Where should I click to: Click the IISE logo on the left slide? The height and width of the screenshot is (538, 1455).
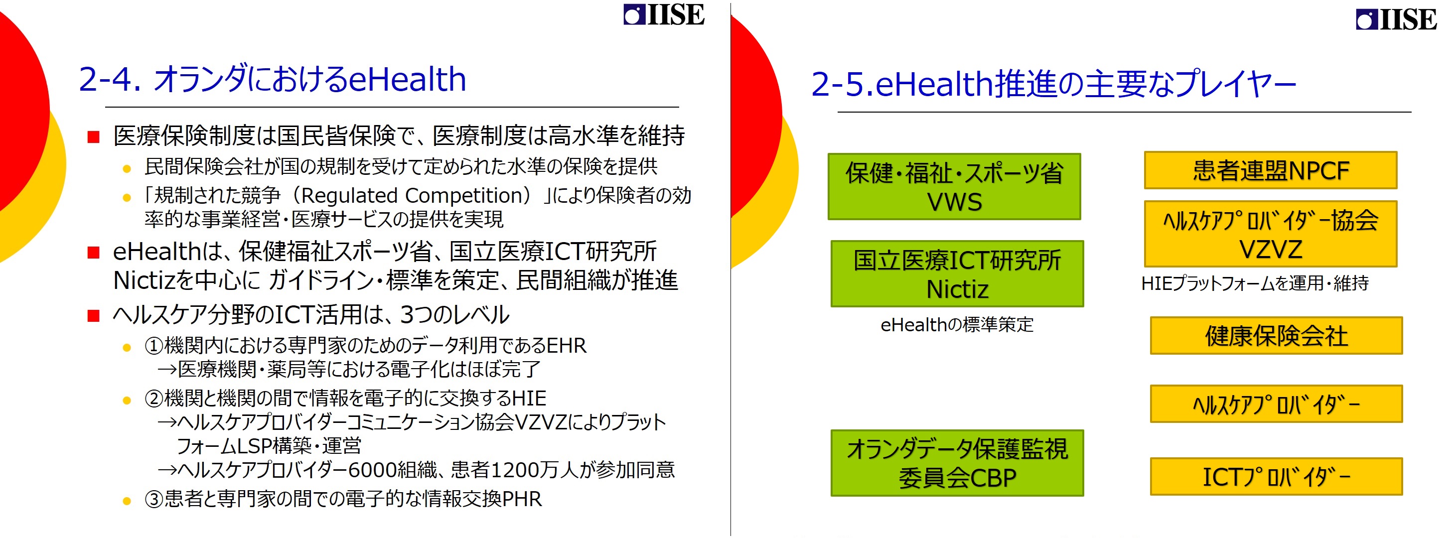[664, 14]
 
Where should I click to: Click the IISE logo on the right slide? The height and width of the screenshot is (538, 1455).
[1396, 20]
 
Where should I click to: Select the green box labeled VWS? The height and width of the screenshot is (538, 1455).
[954, 186]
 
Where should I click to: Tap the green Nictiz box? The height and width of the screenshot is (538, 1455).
[957, 274]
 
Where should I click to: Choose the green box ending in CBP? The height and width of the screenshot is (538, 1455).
[957, 463]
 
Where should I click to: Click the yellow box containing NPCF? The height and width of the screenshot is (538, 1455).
[1270, 170]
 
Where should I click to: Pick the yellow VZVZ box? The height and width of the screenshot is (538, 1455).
[1270, 234]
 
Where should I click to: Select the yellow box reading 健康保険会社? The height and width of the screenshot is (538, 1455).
[1276, 335]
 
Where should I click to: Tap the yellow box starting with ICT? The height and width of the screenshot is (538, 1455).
[1276, 476]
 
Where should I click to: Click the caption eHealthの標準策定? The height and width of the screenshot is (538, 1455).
[957, 325]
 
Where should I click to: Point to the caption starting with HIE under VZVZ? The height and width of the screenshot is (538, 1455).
[1255, 283]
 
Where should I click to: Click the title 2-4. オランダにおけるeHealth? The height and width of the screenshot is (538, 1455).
[272, 79]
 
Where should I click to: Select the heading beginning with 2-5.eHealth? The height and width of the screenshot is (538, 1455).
[1053, 84]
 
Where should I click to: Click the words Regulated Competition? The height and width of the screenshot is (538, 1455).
[413, 195]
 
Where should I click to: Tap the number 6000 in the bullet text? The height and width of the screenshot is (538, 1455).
[373, 470]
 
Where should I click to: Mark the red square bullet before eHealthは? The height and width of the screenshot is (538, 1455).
[94, 253]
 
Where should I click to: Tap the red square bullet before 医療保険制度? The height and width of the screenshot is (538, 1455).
[94, 136]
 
